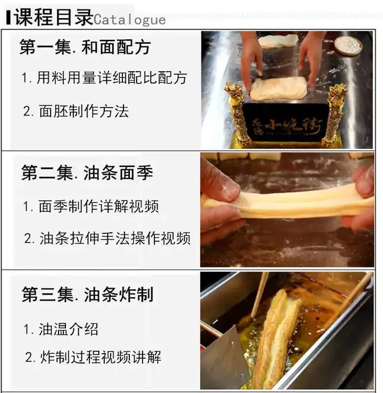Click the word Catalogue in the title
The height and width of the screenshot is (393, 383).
coord(130,20)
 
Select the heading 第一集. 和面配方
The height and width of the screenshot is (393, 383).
coord(85,47)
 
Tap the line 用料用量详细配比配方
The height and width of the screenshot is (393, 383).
coord(104,78)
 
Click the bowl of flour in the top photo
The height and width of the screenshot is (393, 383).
coord(348,46)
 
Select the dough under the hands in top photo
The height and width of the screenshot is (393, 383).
coord(278,88)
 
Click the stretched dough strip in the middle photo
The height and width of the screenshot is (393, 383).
coord(287,202)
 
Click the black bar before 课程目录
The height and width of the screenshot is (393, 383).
coord(8,17)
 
